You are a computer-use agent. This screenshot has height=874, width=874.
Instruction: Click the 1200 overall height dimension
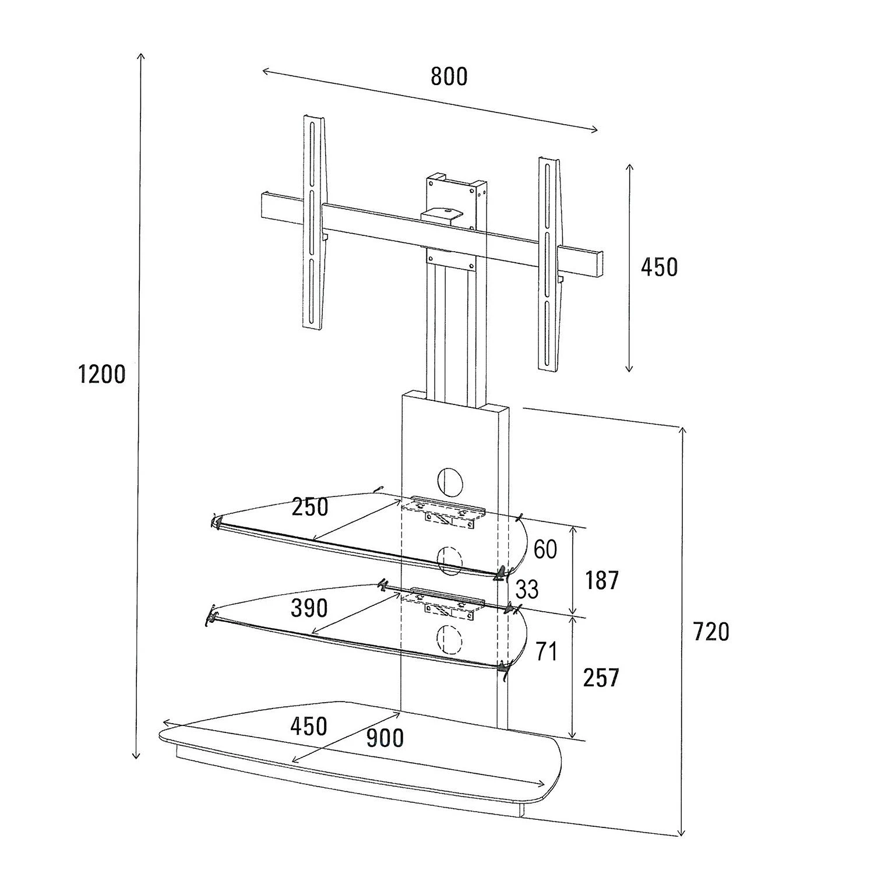102,374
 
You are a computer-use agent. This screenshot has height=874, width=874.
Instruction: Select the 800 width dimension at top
449,76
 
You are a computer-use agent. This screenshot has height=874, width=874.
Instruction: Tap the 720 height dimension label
711,632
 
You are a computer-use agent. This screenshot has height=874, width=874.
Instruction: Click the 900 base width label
385,738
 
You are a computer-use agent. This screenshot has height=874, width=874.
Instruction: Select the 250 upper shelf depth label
310,507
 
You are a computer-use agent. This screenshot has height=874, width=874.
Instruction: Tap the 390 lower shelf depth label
309,608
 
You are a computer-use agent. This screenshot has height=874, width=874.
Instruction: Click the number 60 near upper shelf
545,549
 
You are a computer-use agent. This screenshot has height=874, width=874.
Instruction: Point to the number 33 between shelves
527,590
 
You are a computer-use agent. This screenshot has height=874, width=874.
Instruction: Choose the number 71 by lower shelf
546,651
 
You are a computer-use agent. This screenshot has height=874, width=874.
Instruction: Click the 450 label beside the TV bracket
659,267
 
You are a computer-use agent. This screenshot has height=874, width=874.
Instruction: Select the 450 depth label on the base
309,726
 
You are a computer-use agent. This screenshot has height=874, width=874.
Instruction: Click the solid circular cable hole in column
449,480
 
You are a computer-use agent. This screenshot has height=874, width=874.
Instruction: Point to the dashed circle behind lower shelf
449,639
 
